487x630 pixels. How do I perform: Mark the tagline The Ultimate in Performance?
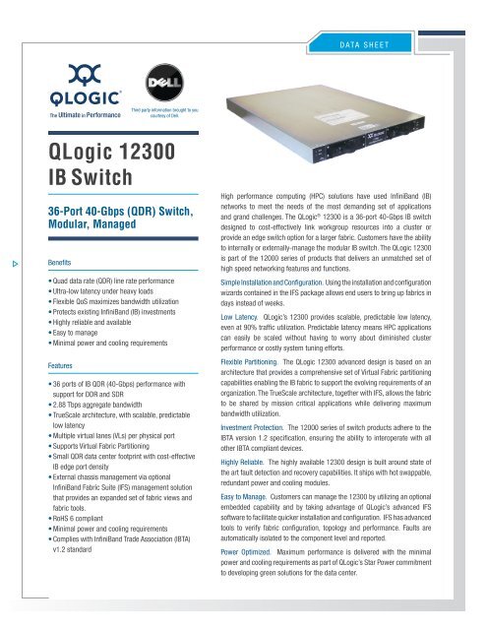tap(66, 115)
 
